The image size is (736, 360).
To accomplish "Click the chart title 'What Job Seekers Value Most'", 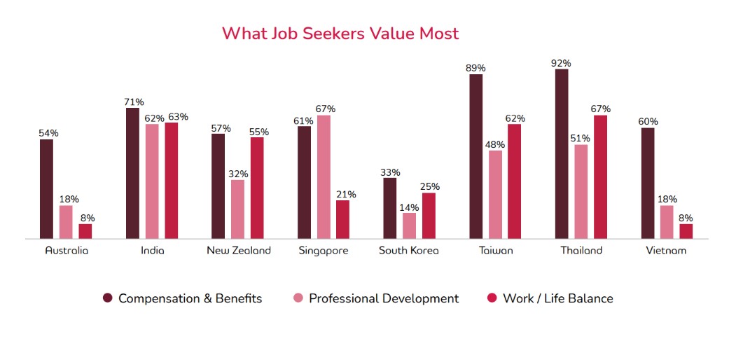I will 340,33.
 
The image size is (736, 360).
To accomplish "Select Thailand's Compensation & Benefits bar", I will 562,154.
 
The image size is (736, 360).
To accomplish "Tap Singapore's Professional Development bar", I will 324,177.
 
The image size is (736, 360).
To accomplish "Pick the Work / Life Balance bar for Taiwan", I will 515,181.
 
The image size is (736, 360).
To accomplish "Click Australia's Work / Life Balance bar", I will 85,232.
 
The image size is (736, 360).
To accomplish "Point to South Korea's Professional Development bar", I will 410,226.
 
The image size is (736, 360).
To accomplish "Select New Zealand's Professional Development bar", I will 238,209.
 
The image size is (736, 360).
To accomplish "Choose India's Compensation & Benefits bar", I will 132,174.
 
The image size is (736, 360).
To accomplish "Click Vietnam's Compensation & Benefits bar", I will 648,184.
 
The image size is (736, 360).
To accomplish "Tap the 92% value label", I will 562,63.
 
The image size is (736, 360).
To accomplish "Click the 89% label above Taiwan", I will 475,68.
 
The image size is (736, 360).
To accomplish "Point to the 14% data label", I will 410,207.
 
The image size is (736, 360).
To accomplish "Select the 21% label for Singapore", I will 343,195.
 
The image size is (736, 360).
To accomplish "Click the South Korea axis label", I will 409,251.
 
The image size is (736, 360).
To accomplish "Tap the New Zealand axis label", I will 238,251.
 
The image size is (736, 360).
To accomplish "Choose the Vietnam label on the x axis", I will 667,251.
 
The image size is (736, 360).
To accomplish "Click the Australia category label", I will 67,251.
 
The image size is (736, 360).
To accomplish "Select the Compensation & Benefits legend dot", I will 108,298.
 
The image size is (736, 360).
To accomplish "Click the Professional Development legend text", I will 384,298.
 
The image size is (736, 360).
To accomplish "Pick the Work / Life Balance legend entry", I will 557,298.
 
